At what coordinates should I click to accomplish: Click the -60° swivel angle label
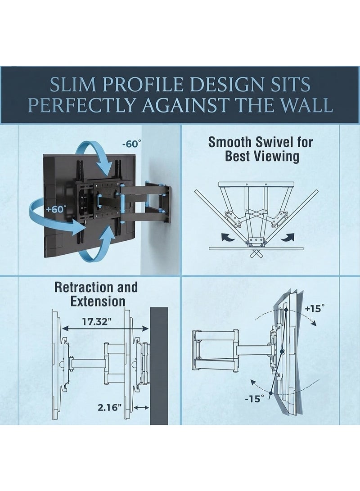(132, 144)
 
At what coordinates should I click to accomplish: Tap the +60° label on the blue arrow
(56, 209)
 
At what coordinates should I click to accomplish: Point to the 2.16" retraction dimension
(109, 407)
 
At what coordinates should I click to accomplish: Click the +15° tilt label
(315, 308)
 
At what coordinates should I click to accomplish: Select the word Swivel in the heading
(273, 142)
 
